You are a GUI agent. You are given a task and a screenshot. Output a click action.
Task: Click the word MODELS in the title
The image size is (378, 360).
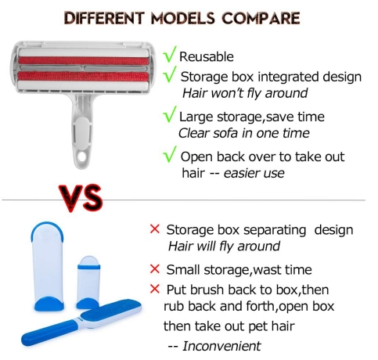pyautogui.click(x=183, y=18)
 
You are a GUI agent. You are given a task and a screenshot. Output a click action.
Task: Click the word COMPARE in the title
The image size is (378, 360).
pyautogui.click(x=261, y=18)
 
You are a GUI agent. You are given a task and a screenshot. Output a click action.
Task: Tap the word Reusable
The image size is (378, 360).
pyautogui.click(x=207, y=57)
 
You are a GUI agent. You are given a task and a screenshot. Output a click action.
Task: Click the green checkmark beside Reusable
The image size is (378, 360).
pyautogui.click(x=170, y=54)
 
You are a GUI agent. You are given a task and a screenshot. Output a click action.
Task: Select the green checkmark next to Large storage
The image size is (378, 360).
pyautogui.click(x=170, y=114)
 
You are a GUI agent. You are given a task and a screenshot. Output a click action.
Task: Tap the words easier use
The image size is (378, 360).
pyautogui.click(x=254, y=173)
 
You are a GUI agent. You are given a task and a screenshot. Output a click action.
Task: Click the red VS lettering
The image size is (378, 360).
pyautogui.click(x=81, y=197)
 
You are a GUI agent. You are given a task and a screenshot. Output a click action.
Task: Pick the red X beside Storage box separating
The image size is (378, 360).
pyautogui.click(x=155, y=229)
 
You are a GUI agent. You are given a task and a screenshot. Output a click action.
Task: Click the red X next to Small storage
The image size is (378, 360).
pyautogui.click(x=155, y=269)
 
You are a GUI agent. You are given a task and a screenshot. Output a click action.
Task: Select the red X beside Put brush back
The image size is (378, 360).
pyautogui.click(x=155, y=289)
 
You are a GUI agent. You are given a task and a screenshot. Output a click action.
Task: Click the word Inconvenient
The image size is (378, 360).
pyautogui.click(x=221, y=346)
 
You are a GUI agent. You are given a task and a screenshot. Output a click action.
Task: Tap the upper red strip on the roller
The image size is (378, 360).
pyautogui.click(x=84, y=61)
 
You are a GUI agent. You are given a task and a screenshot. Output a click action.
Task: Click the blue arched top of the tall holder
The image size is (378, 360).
pyautogui.click(x=47, y=227)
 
